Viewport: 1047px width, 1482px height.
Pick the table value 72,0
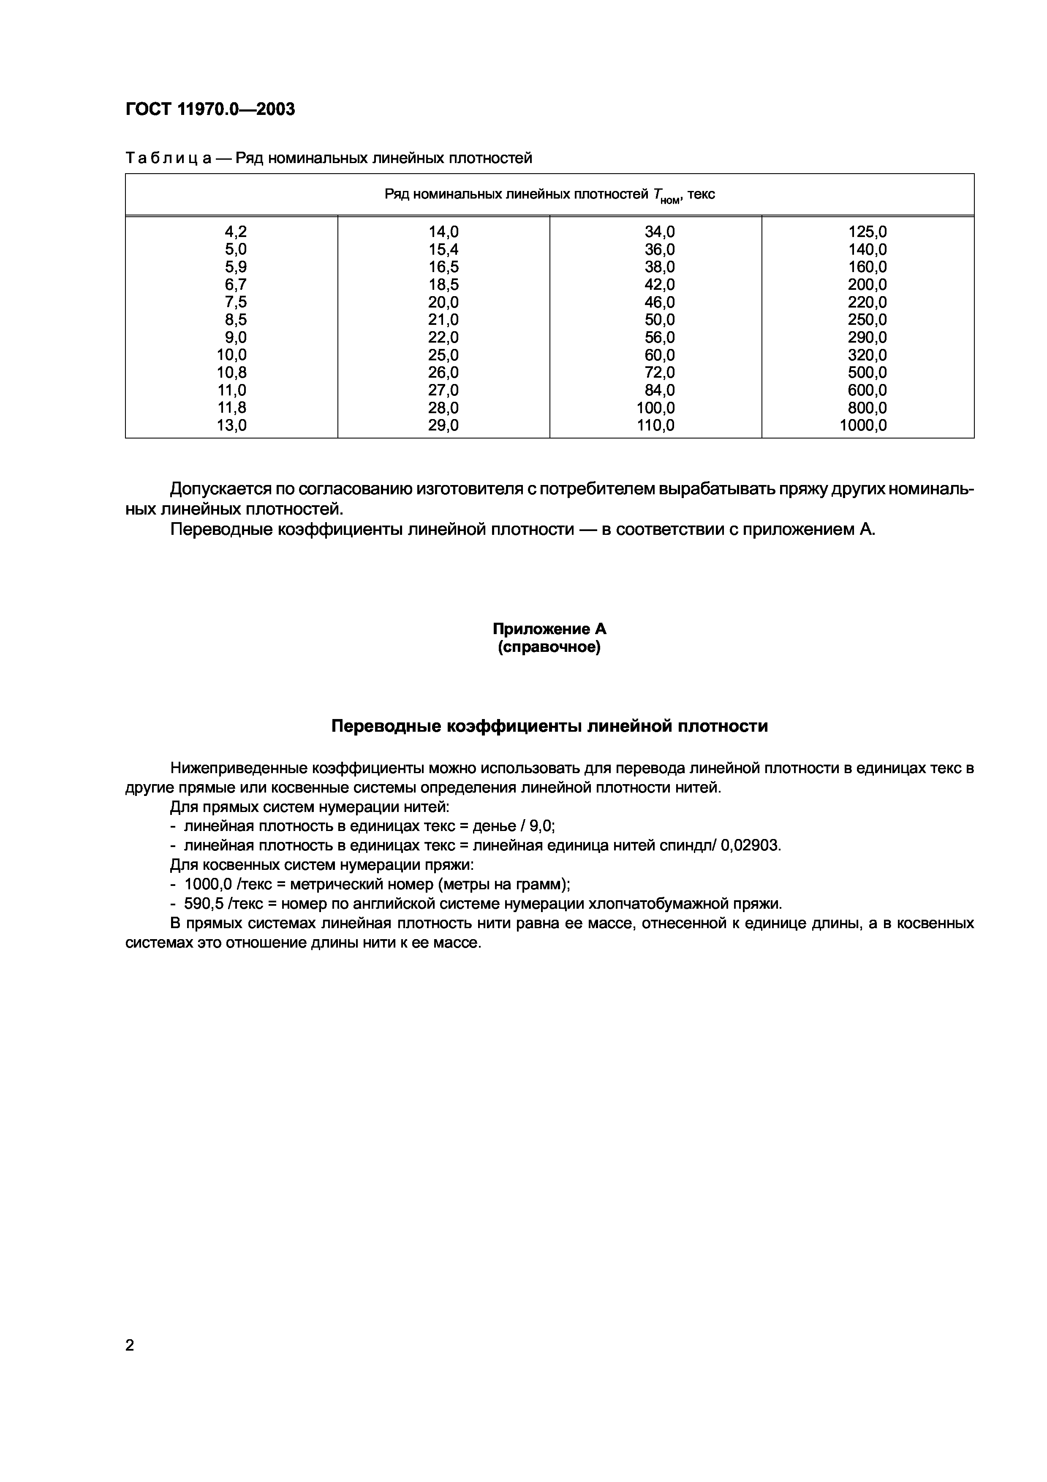659,373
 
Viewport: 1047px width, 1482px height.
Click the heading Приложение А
549,629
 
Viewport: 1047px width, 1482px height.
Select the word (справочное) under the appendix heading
549,647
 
